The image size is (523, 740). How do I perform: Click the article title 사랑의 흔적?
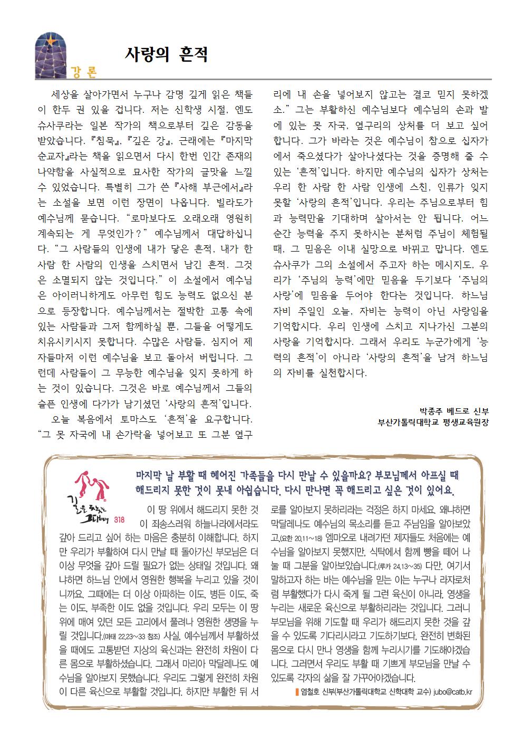click(166, 54)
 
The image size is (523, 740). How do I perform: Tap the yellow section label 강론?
click(84, 72)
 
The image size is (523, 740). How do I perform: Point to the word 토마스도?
click(133, 420)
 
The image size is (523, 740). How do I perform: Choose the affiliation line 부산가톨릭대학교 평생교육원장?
click(433, 422)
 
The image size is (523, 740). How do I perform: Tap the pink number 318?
click(119, 520)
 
